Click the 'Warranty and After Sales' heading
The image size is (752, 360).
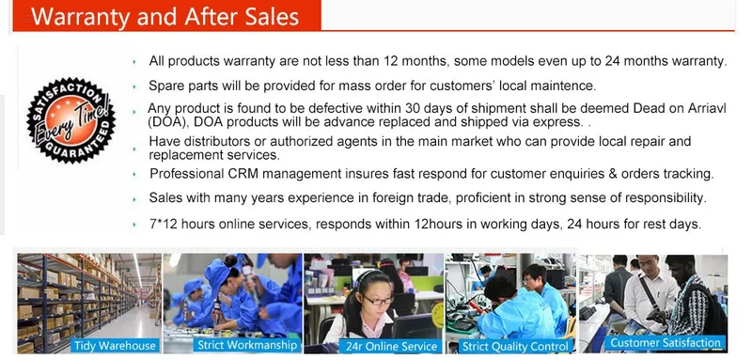pos(165,16)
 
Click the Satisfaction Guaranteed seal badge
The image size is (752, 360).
pos(71,119)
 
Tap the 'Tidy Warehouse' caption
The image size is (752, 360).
pos(114,345)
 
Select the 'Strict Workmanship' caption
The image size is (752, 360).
pos(247,345)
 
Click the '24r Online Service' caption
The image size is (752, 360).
pos(388,347)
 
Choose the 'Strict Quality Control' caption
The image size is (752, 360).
pos(515,346)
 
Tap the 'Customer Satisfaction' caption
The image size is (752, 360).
pos(666,342)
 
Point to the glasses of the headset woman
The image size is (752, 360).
pos(379,301)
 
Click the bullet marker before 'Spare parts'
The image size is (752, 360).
pos(134,86)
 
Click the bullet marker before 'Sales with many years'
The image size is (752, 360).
pos(134,199)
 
